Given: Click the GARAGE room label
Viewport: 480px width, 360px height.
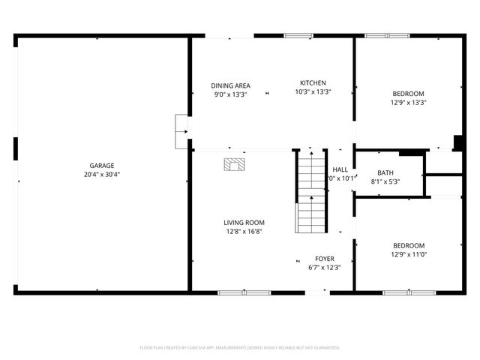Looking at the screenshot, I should (102, 165).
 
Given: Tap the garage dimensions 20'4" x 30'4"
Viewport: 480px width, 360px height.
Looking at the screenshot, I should (102, 174).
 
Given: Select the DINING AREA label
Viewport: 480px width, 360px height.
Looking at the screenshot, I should (230, 85).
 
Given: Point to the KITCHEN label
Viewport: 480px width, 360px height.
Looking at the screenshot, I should (313, 82).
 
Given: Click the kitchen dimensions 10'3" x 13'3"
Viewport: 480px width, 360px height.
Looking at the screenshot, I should (313, 91).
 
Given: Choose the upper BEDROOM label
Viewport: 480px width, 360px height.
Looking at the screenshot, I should (408, 94).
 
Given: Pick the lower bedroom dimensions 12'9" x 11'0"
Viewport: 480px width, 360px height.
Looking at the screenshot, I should (409, 254).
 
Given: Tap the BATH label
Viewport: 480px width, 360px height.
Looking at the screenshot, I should (385, 172).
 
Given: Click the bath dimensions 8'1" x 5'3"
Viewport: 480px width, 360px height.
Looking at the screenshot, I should (385, 181).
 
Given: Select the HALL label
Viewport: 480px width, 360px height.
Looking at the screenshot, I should (340, 169).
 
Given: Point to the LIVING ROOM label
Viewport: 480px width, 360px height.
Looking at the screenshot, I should (244, 222).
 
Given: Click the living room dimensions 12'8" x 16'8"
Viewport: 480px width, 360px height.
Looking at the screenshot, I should (244, 232).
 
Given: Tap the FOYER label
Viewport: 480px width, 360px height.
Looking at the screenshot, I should (325, 258).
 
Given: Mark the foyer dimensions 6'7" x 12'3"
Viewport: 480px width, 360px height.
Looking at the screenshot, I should (325, 267).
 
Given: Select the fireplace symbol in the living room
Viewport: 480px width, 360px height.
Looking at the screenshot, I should (234, 163).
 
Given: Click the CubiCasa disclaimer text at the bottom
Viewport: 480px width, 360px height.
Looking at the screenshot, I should (240, 348).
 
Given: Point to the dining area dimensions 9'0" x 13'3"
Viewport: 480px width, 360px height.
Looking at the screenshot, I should (230, 94).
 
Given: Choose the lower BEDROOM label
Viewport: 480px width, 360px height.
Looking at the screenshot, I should (409, 245).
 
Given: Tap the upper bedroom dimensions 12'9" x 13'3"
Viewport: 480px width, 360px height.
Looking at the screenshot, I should (408, 103).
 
